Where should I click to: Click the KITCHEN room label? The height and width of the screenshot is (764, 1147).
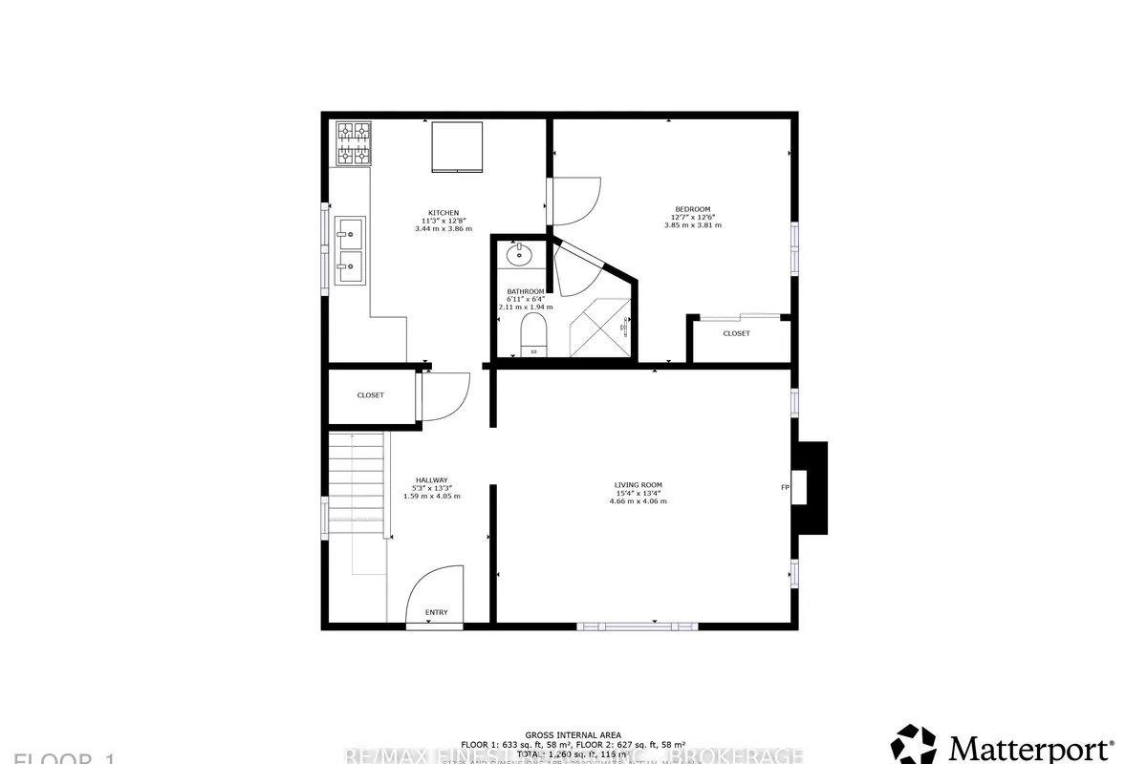tap(444, 212)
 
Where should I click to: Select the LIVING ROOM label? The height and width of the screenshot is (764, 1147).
tap(638, 484)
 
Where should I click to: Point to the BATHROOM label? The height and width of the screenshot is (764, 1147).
tap(526, 291)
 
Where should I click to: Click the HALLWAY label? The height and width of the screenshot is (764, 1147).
tap(432, 479)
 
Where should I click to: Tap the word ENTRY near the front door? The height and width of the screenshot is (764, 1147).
tap(436, 612)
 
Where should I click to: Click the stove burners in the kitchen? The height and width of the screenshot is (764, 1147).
tap(352, 143)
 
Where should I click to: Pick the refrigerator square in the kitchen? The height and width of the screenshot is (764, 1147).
tap(457, 147)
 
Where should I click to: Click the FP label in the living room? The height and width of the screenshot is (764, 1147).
tap(785, 488)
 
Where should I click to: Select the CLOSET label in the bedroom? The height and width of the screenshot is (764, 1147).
tap(736, 333)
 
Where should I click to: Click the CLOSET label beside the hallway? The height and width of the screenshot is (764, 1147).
tap(370, 394)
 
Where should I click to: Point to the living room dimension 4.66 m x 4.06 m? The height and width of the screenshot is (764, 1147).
tap(638, 500)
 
